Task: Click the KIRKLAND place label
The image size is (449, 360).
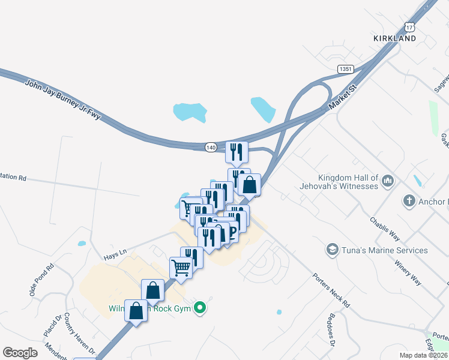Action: [394, 38]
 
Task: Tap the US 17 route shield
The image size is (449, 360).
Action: [409, 28]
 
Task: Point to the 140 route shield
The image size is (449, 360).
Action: [210, 147]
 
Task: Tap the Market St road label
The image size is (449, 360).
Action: [343, 98]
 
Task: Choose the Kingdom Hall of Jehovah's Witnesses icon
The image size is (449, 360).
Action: [388, 180]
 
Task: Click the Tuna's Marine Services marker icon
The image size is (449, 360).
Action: [331, 249]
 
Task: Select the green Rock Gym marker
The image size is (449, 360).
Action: [202, 309]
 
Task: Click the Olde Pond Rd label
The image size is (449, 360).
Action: [41, 280]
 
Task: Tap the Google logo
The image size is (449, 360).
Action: [20, 353]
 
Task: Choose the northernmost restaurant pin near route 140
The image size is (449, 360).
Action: [237, 152]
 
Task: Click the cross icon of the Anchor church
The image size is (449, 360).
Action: [409, 201]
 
